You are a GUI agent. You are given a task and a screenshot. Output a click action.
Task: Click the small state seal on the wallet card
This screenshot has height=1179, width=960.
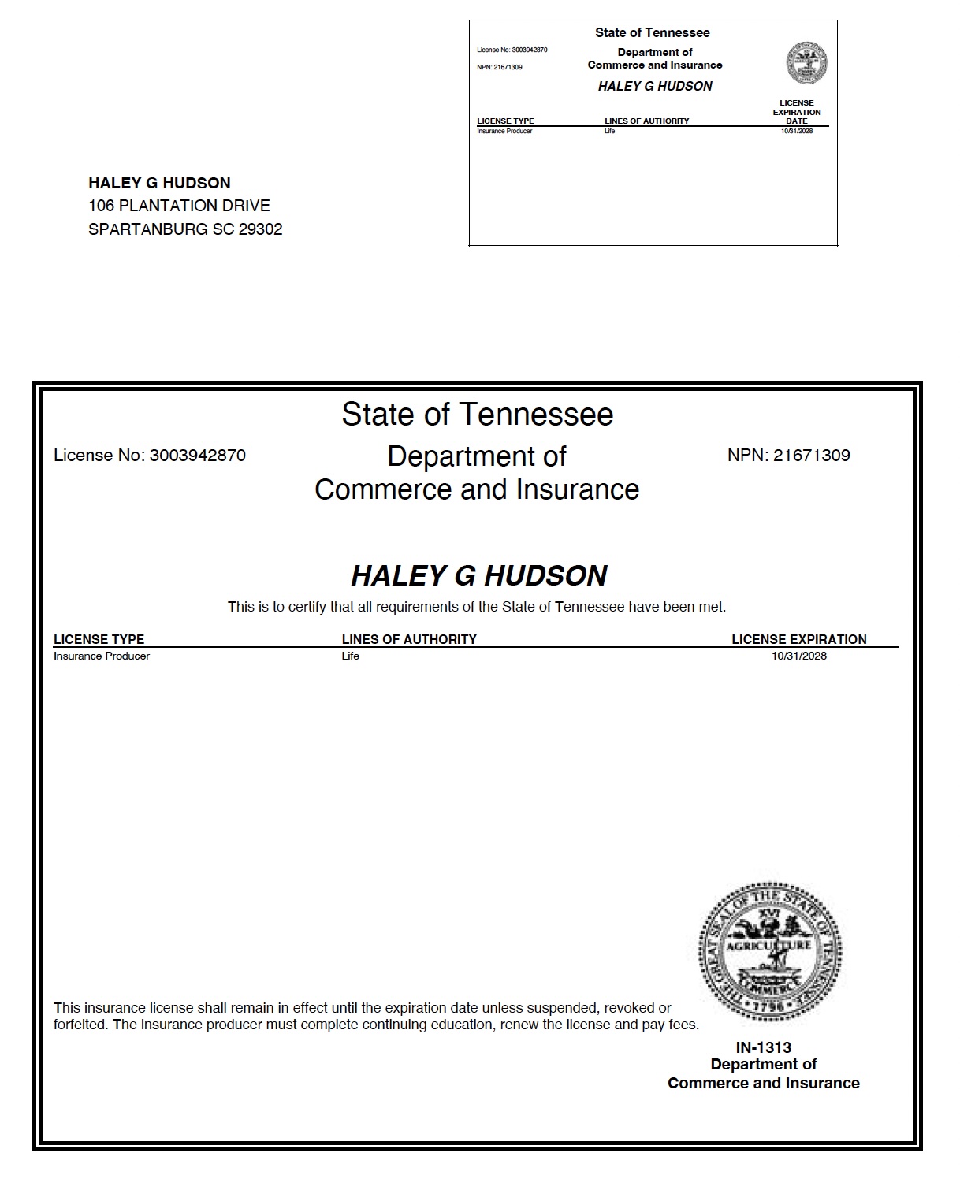(807, 63)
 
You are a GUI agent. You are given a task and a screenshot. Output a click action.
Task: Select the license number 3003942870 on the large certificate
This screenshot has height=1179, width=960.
(198, 456)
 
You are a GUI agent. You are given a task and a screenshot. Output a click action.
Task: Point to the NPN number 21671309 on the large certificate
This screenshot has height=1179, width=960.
(811, 456)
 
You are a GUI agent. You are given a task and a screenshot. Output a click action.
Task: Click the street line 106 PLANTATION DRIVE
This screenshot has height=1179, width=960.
(179, 206)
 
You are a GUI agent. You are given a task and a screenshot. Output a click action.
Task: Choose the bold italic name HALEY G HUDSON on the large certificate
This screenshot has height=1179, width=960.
(478, 576)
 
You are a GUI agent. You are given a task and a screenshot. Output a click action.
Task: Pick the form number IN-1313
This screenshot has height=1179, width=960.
(763, 1047)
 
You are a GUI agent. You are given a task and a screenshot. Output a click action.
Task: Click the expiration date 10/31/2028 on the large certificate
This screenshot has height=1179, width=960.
(799, 656)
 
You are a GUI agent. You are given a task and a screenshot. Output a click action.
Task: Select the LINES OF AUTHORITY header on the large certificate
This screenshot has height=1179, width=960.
(409, 639)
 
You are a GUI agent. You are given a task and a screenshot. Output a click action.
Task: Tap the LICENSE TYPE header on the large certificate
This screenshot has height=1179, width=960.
(99, 639)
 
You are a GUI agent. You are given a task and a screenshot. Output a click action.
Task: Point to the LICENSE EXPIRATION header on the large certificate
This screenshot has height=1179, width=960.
(798, 639)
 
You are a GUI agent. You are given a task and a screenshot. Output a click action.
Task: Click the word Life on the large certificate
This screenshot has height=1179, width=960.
(350, 656)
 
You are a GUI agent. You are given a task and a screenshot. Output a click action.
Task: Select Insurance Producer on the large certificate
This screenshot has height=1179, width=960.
(102, 656)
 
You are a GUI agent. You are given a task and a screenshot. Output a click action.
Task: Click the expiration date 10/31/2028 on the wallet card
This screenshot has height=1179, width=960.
(796, 131)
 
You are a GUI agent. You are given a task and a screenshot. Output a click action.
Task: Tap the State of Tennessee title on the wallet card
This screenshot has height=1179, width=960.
(652, 33)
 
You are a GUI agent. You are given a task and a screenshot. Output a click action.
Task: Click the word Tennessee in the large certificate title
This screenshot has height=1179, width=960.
(536, 415)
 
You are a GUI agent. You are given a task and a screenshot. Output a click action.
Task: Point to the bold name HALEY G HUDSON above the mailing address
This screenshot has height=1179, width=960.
(159, 183)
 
